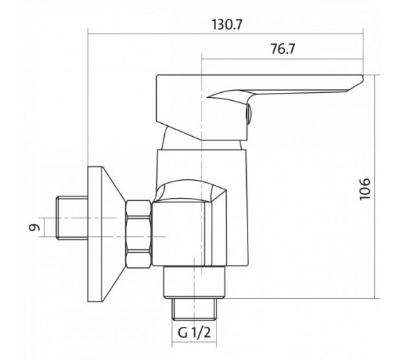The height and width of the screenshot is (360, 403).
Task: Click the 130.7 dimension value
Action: pyautogui.click(x=227, y=24)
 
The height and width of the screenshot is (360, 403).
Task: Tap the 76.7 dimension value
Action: pyautogui.click(x=283, y=49)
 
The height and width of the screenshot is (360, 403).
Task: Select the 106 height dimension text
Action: pyautogui.click(x=365, y=189)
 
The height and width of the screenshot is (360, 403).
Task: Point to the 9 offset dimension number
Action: pyautogui.click(x=35, y=228)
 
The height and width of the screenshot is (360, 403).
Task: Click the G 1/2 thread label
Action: pyautogui.click(x=194, y=333)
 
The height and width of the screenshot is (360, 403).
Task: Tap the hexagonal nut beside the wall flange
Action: pyautogui.click(x=138, y=234)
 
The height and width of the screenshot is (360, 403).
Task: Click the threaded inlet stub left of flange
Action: pyautogui.click(x=72, y=217)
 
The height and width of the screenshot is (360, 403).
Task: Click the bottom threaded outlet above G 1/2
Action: pyautogui.click(x=194, y=310)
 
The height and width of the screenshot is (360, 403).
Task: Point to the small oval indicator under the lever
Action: pyautogui.click(x=249, y=114)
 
